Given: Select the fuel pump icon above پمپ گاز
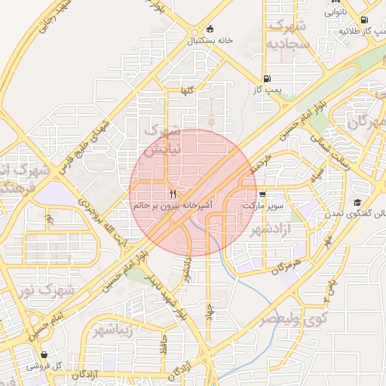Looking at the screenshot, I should click(x=267, y=78).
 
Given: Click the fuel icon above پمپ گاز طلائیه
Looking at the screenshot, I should click(x=364, y=20).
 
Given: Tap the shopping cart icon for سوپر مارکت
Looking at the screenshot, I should click(x=262, y=194).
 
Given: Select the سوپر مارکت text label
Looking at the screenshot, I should click(x=262, y=204).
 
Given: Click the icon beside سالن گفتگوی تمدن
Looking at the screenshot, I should click(x=357, y=202).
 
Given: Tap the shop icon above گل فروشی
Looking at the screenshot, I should click(x=44, y=354).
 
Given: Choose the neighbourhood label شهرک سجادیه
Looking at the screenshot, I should click(x=285, y=35).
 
